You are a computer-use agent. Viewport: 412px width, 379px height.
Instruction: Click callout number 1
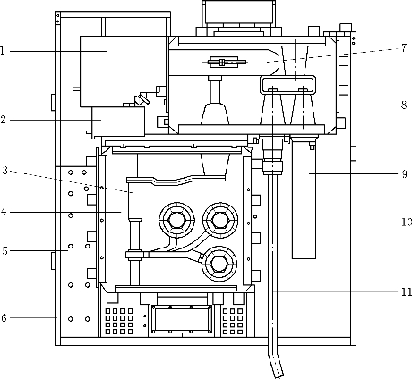click(3, 51)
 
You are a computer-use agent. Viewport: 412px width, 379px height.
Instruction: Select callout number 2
click(3, 120)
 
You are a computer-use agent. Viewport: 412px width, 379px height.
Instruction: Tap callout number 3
click(4, 171)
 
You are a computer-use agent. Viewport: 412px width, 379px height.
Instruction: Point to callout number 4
click(4, 212)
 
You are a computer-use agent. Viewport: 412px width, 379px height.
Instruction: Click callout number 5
click(4, 250)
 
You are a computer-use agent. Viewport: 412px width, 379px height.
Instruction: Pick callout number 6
click(4, 317)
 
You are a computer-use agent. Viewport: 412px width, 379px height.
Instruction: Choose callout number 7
click(404, 47)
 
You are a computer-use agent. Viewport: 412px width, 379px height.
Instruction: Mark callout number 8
click(404, 105)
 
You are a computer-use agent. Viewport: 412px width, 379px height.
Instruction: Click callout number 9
click(404, 173)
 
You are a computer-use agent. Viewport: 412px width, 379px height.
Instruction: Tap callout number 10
click(407, 222)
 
